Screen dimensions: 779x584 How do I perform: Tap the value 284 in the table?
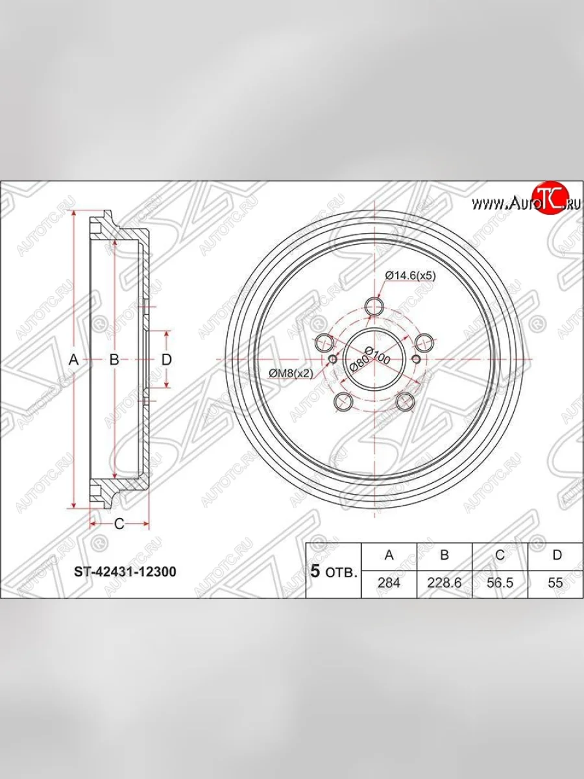tap(389, 582)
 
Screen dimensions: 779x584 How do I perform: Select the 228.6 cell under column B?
tap(444, 582)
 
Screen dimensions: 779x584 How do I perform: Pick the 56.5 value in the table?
tap(500, 582)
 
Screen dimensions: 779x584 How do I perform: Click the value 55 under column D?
tap(555, 582)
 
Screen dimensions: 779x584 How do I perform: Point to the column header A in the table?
tap(389, 555)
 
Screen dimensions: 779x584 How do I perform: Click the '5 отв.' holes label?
tap(334, 572)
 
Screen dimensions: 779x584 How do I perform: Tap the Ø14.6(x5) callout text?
tap(409, 275)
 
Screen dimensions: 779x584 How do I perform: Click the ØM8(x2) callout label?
tap(291, 373)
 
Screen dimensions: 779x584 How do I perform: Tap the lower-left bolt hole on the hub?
tap(341, 402)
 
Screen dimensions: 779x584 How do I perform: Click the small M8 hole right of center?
tap(416, 360)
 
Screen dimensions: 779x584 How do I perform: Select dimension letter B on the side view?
tap(114, 360)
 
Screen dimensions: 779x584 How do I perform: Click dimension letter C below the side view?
tap(119, 525)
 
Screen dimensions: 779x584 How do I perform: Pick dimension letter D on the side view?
tap(166, 360)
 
